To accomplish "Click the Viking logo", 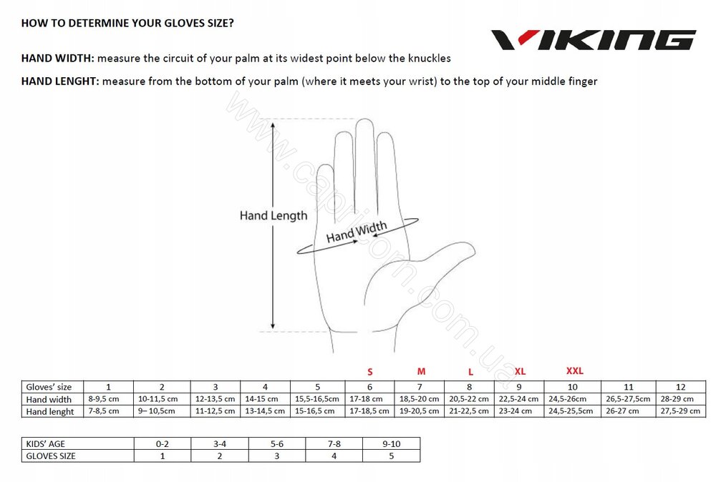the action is [593, 39].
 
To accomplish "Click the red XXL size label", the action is [574, 370].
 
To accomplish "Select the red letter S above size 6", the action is [370, 372].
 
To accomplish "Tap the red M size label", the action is [421, 371].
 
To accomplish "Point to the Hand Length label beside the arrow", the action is [274, 215].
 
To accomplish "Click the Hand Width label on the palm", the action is [357, 231].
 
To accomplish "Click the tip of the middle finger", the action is [364, 119].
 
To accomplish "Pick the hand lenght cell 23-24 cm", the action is [515, 411].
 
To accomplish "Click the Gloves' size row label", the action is [49, 387].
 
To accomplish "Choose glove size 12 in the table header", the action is [680, 387].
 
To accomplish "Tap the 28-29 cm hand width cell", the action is [677, 398].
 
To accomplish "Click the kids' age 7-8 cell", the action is [334, 443].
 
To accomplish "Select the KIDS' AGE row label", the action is [45, 443].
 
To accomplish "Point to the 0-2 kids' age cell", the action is [162, 443].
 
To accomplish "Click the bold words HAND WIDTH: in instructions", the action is [57, 59].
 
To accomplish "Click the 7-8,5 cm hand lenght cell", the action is [104, 411].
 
